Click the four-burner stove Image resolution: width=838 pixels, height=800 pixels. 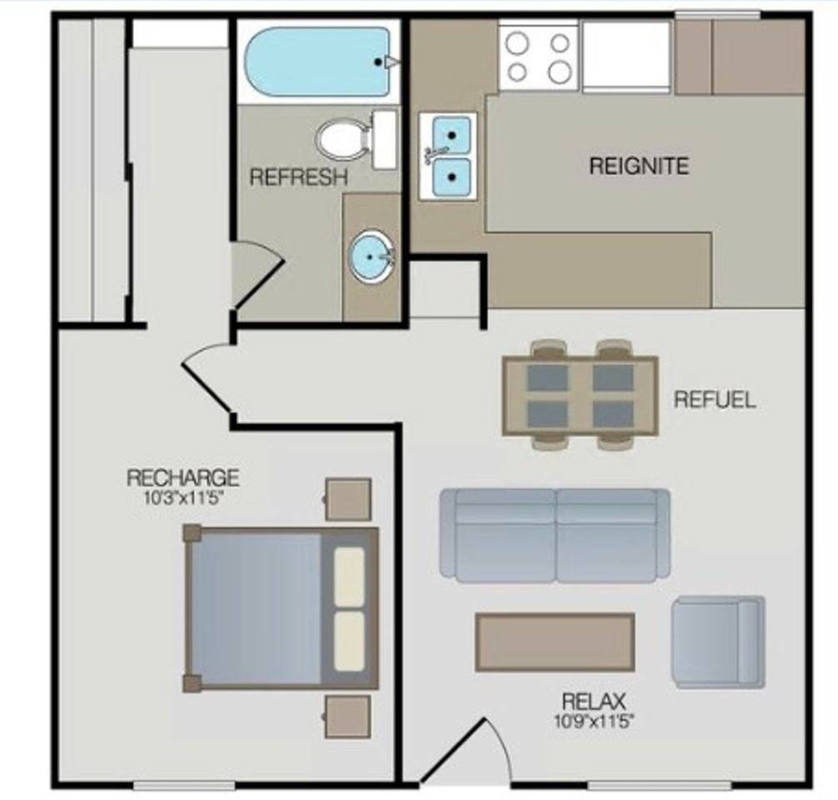tap(539, 57)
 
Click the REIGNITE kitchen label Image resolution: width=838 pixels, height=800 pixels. tap(639, 166)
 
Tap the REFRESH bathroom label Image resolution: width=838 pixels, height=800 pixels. tap(298, 177)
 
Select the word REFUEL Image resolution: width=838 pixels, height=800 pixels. tap(715, 399)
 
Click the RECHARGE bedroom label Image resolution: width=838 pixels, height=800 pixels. tap(182, 478)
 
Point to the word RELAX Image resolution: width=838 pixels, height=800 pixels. tap(593, 701)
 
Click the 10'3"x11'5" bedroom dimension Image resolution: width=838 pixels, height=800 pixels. tap(182, 499)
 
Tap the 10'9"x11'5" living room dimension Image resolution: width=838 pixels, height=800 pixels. tap(593, 721)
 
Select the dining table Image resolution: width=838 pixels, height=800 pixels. tap(580, 396)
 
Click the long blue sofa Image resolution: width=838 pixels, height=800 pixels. tap(555, 534)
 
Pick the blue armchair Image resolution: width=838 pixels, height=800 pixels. tap(718, 642)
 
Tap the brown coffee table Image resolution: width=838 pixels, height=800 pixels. tap(555, 642)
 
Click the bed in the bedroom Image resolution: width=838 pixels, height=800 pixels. tap(282, 607)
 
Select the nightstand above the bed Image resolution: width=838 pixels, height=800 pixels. tap(347, 498)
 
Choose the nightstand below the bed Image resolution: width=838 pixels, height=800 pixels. tap(347, 716)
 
